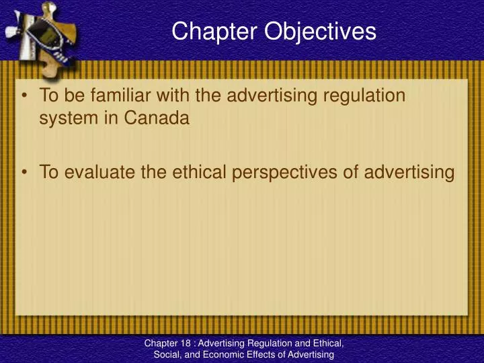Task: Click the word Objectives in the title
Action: click(321, 32)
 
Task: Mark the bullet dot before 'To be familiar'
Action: click(25, 95)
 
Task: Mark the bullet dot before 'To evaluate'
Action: click(25, 172)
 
